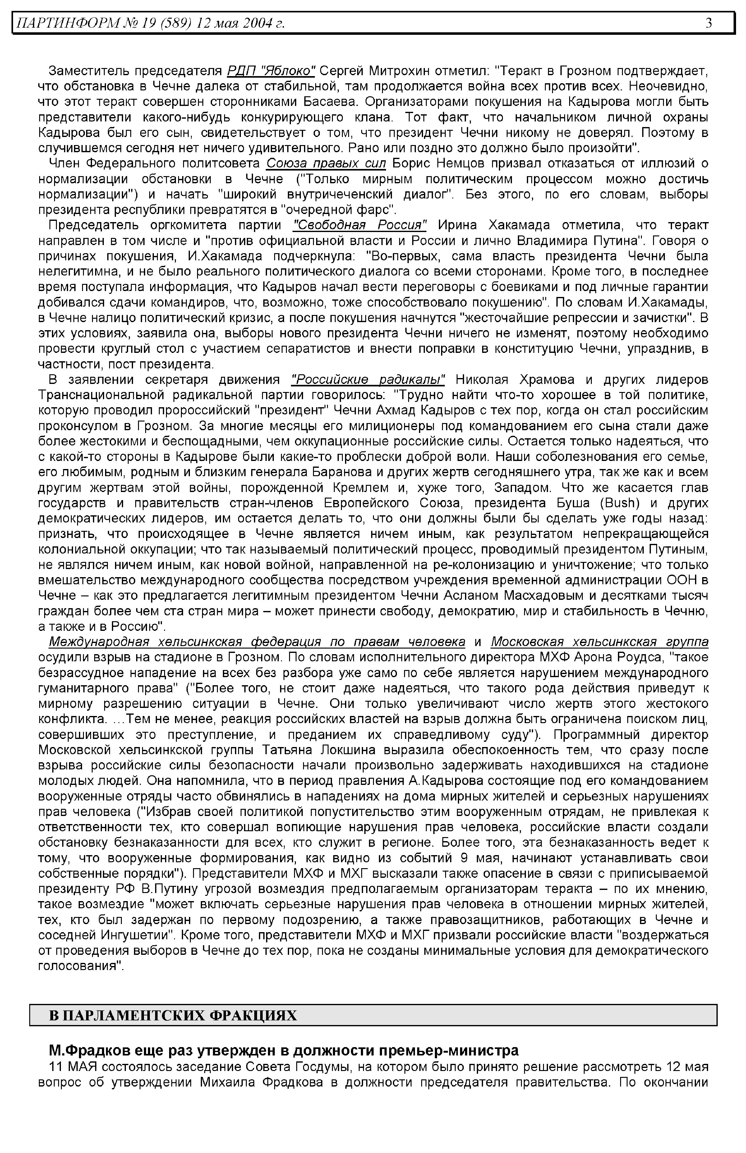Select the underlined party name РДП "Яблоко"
[271, 71]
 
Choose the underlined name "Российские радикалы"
[368, 380]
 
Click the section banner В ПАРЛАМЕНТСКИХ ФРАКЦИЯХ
[173, 1015]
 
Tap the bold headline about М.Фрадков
[283, 1051]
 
